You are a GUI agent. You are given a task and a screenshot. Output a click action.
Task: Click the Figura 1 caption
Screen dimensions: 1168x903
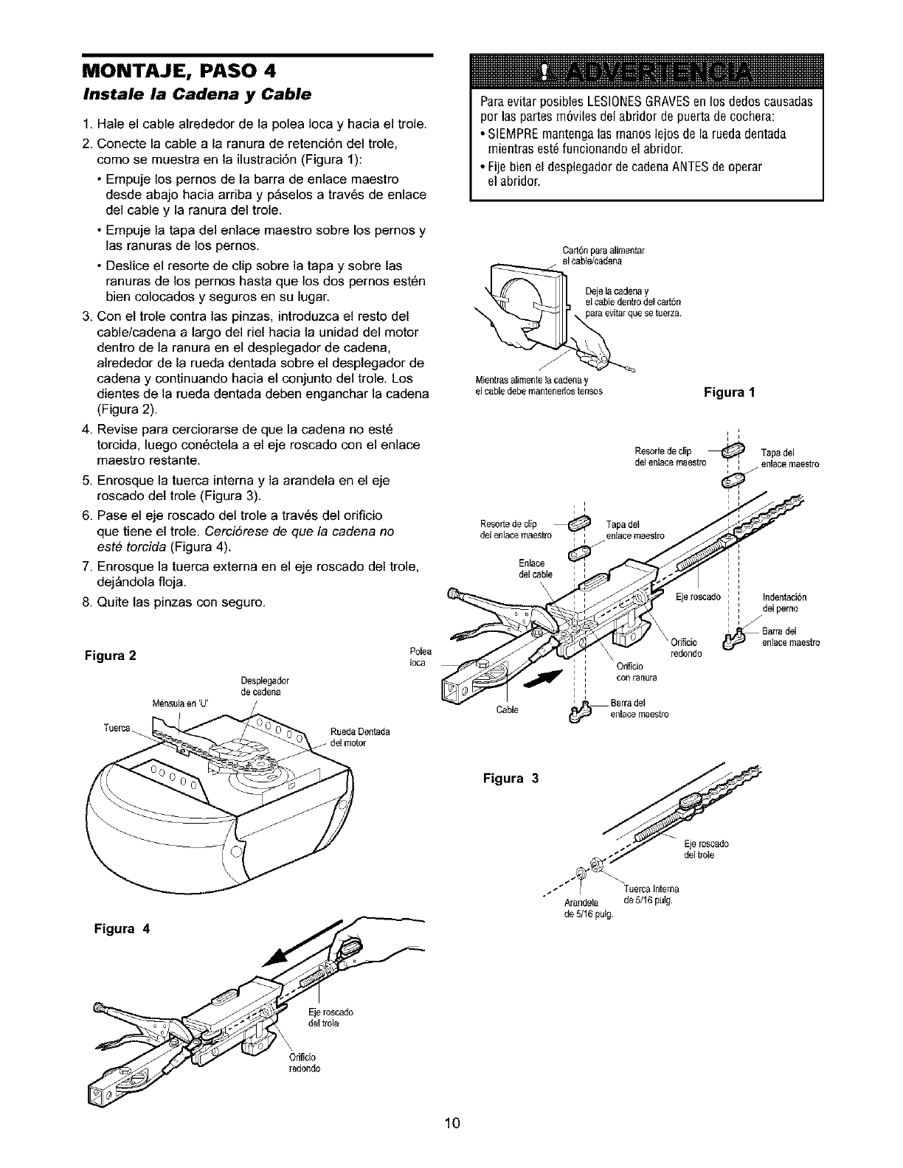(x=728, y=392)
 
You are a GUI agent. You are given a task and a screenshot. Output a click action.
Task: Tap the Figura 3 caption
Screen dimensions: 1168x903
(x=511, y=778)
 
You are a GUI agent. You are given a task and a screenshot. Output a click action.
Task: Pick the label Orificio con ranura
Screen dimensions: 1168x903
(x=631, y=672)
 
